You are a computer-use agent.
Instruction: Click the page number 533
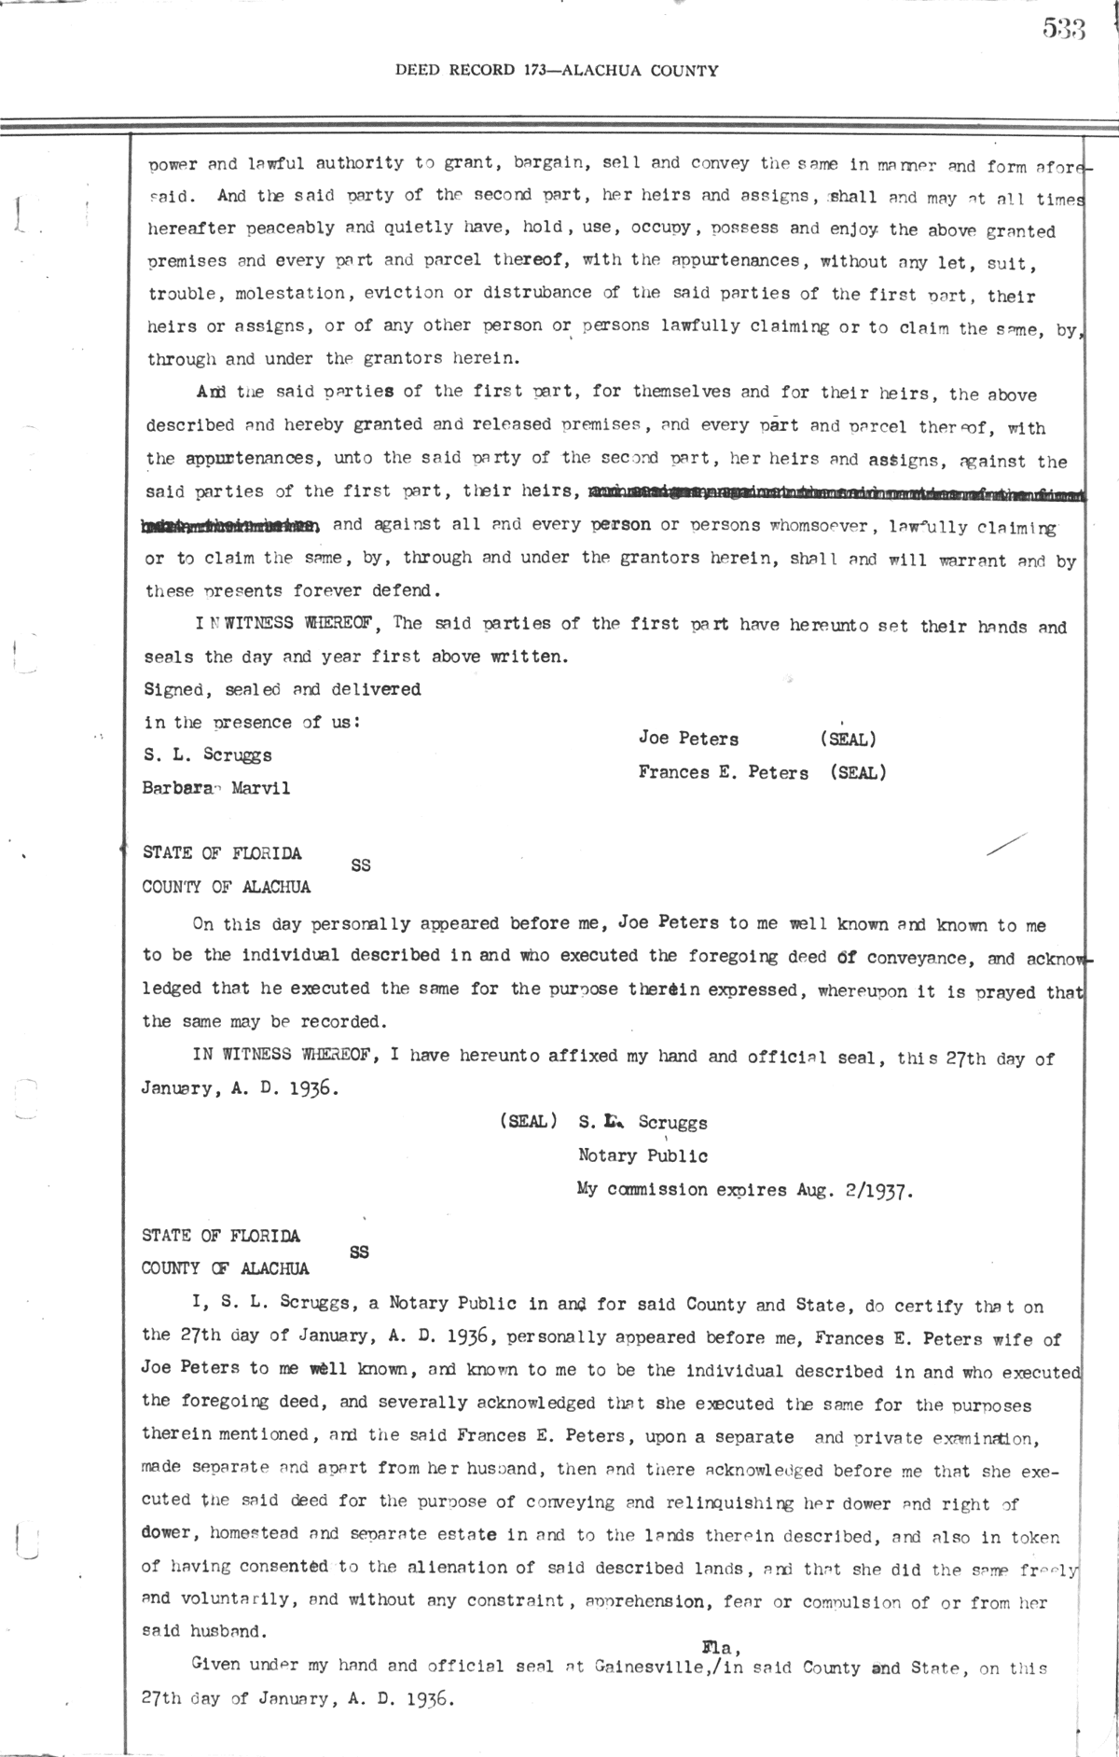point(1064,31)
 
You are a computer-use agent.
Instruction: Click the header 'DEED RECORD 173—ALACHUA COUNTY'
point(557,70)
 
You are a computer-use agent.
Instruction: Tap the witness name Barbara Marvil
point(215,788)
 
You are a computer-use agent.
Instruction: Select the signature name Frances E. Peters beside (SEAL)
point(724,772)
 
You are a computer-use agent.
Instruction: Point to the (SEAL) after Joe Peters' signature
point(848,740)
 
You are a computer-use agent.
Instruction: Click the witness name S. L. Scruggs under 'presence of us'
point(208,755)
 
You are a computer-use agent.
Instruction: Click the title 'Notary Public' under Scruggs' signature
point(642,1156)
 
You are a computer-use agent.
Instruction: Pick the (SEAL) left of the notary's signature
point(529,1122)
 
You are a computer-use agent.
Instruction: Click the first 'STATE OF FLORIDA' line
point(222,852)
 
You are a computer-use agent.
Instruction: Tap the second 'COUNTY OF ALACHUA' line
point(225,1268)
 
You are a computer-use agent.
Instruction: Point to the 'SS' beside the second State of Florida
point(359,1252)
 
